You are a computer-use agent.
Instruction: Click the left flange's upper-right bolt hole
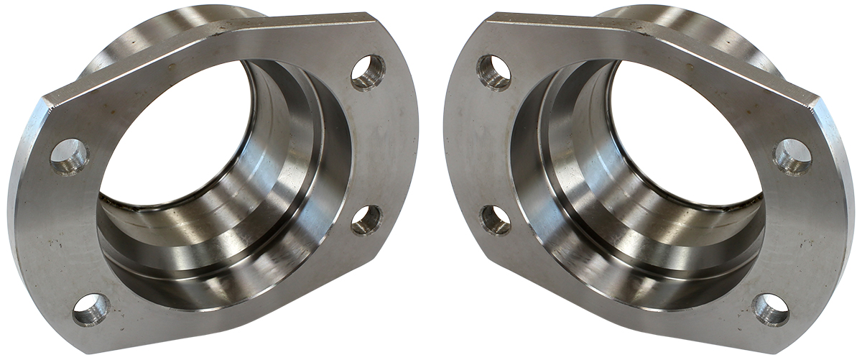click(x=369, y=73)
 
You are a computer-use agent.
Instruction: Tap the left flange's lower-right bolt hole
click(x=366, y=220)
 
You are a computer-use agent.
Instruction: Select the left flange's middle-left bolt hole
click(x=70, y=156)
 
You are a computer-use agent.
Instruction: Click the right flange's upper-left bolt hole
click(x=493, y=73)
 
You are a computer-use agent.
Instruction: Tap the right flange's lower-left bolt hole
click(x=496, y=220)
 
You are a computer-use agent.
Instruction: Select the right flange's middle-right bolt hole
click(x=792, y=156)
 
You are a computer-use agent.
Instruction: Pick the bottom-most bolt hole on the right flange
click(x=771, y=310)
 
